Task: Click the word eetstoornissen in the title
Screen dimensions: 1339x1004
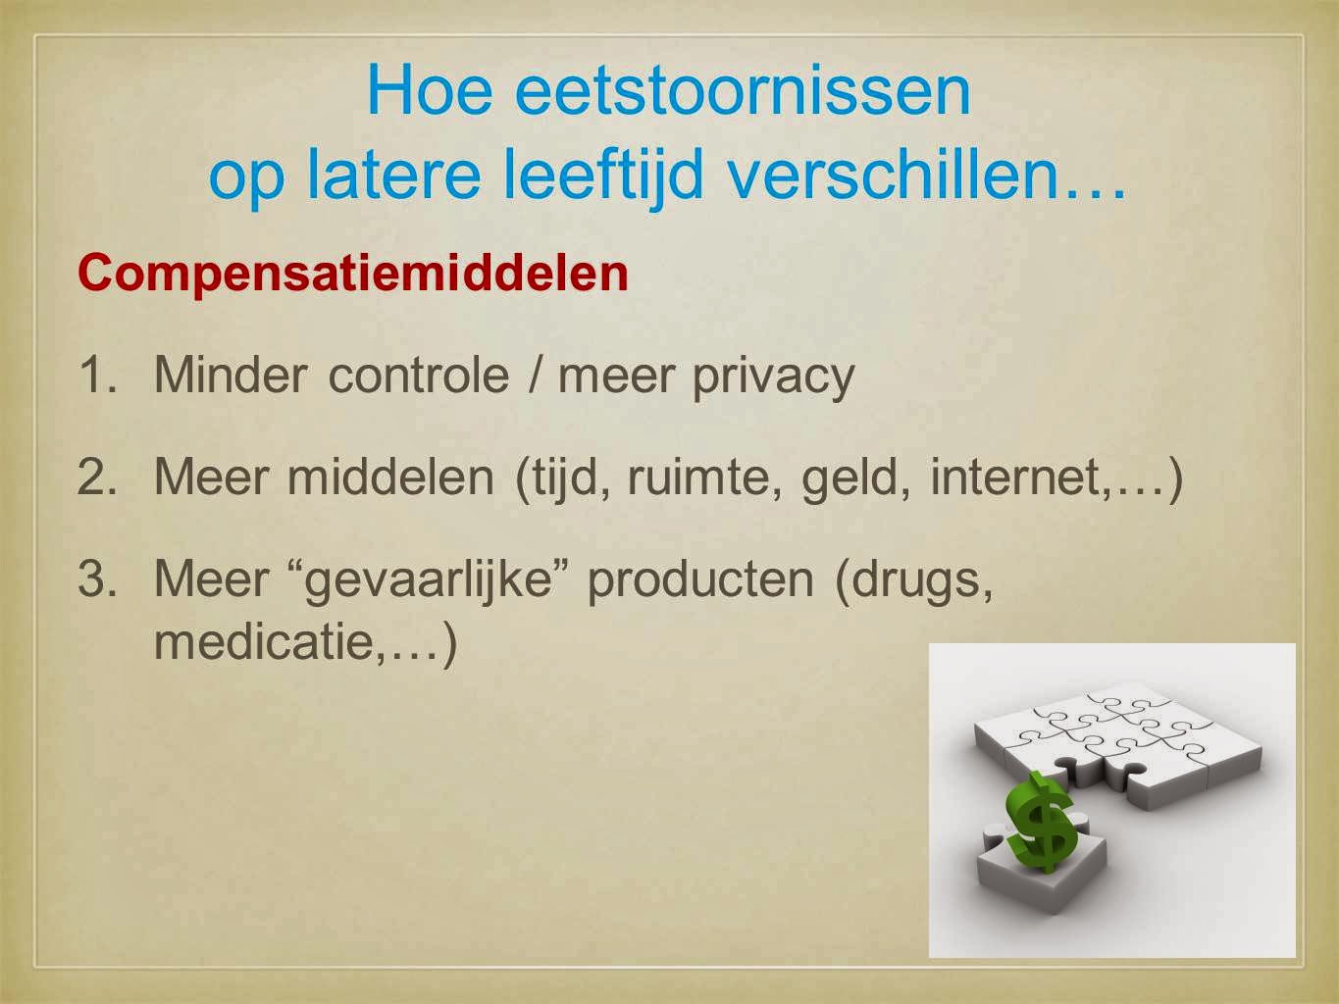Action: pos(743,91)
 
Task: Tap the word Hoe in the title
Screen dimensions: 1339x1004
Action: pos(430,90)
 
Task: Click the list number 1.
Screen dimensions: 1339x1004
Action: pos(97,375)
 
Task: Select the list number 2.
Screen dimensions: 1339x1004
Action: pos(97,477)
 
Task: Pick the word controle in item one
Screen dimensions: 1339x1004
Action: pos(419,375)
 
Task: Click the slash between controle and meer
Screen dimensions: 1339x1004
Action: pos(534,375)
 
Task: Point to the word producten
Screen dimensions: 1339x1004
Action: pos(701,582)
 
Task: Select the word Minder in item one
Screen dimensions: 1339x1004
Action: pos(231,375)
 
